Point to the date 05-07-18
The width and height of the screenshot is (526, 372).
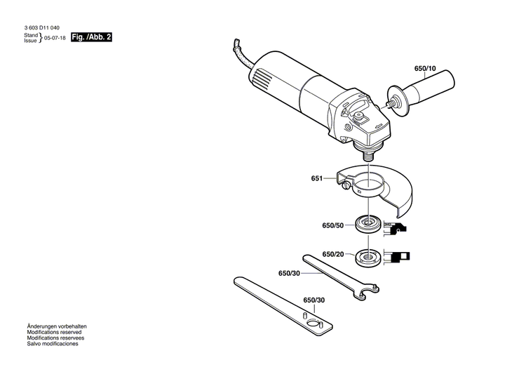[x=53, y=39]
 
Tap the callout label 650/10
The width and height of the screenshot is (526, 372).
[x=424, y=69]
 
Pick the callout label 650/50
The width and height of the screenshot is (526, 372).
[x=332, y=225]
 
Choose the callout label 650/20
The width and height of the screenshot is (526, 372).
[x=332, y=254]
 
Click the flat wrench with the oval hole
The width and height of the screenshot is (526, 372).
[x=281, y=303]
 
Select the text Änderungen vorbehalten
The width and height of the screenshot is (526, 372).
[x=56, y=327]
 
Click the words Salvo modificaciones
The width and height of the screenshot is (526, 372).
[x=53, y=345]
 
